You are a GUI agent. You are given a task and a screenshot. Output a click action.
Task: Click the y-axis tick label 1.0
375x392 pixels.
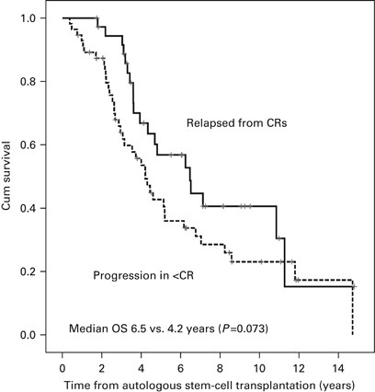click(x=30, y=18)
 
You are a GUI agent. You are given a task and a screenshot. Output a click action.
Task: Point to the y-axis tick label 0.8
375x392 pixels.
click(x=30, y=82)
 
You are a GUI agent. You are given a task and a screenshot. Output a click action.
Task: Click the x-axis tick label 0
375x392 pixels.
click(x=62, y=355)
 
